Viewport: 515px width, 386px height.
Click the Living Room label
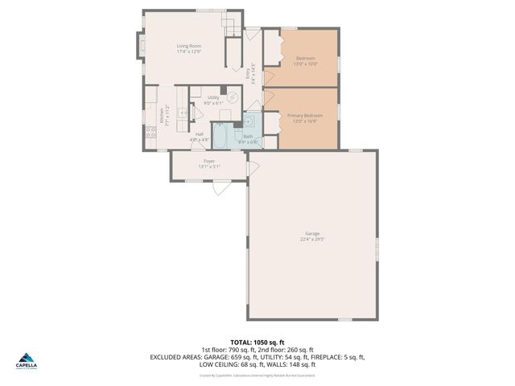point(189,46)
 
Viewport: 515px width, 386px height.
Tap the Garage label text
point(312,233)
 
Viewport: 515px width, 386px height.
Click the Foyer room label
point(209,161)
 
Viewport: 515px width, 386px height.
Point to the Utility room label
point(213,97)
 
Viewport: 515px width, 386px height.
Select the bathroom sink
point(249,121)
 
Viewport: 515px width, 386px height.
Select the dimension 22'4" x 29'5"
point(312,239)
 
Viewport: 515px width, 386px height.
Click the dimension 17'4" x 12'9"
point(189,51)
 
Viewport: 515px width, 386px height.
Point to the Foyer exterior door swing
point(219,191)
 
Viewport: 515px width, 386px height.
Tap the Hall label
point(199,134)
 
